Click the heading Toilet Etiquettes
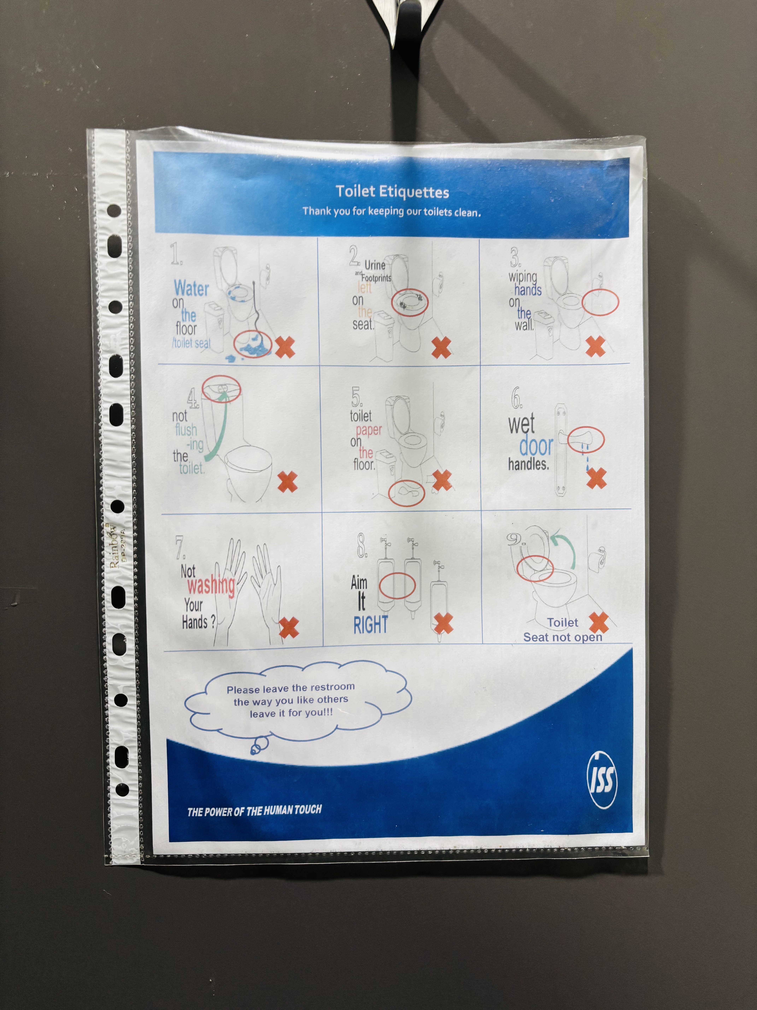point(392,192)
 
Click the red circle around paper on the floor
point(406,493)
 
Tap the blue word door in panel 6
point(536,446)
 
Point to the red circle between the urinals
point(397,586)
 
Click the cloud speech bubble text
point(291,700)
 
